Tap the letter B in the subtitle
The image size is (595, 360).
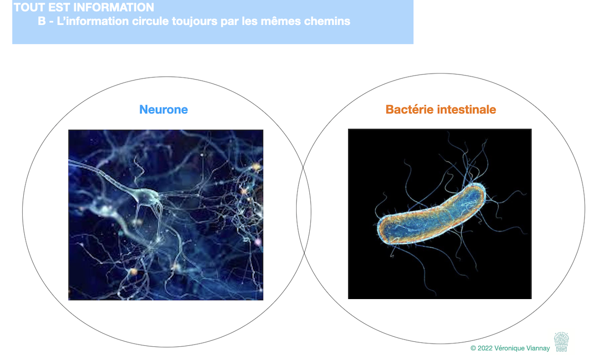[42, 21]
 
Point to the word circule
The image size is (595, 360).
[150, 21]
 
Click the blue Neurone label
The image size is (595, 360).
[164, 110]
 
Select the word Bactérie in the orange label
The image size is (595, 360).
[410, 109]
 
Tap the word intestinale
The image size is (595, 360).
[467, 109]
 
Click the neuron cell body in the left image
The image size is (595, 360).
[146, 196]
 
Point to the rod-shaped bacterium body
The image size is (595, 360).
[431, 213]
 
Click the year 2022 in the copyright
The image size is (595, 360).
[486, 348]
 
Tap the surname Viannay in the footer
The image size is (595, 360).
[538, 348]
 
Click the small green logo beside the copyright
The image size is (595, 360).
[561, 341]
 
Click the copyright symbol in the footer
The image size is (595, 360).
[473, 348]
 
